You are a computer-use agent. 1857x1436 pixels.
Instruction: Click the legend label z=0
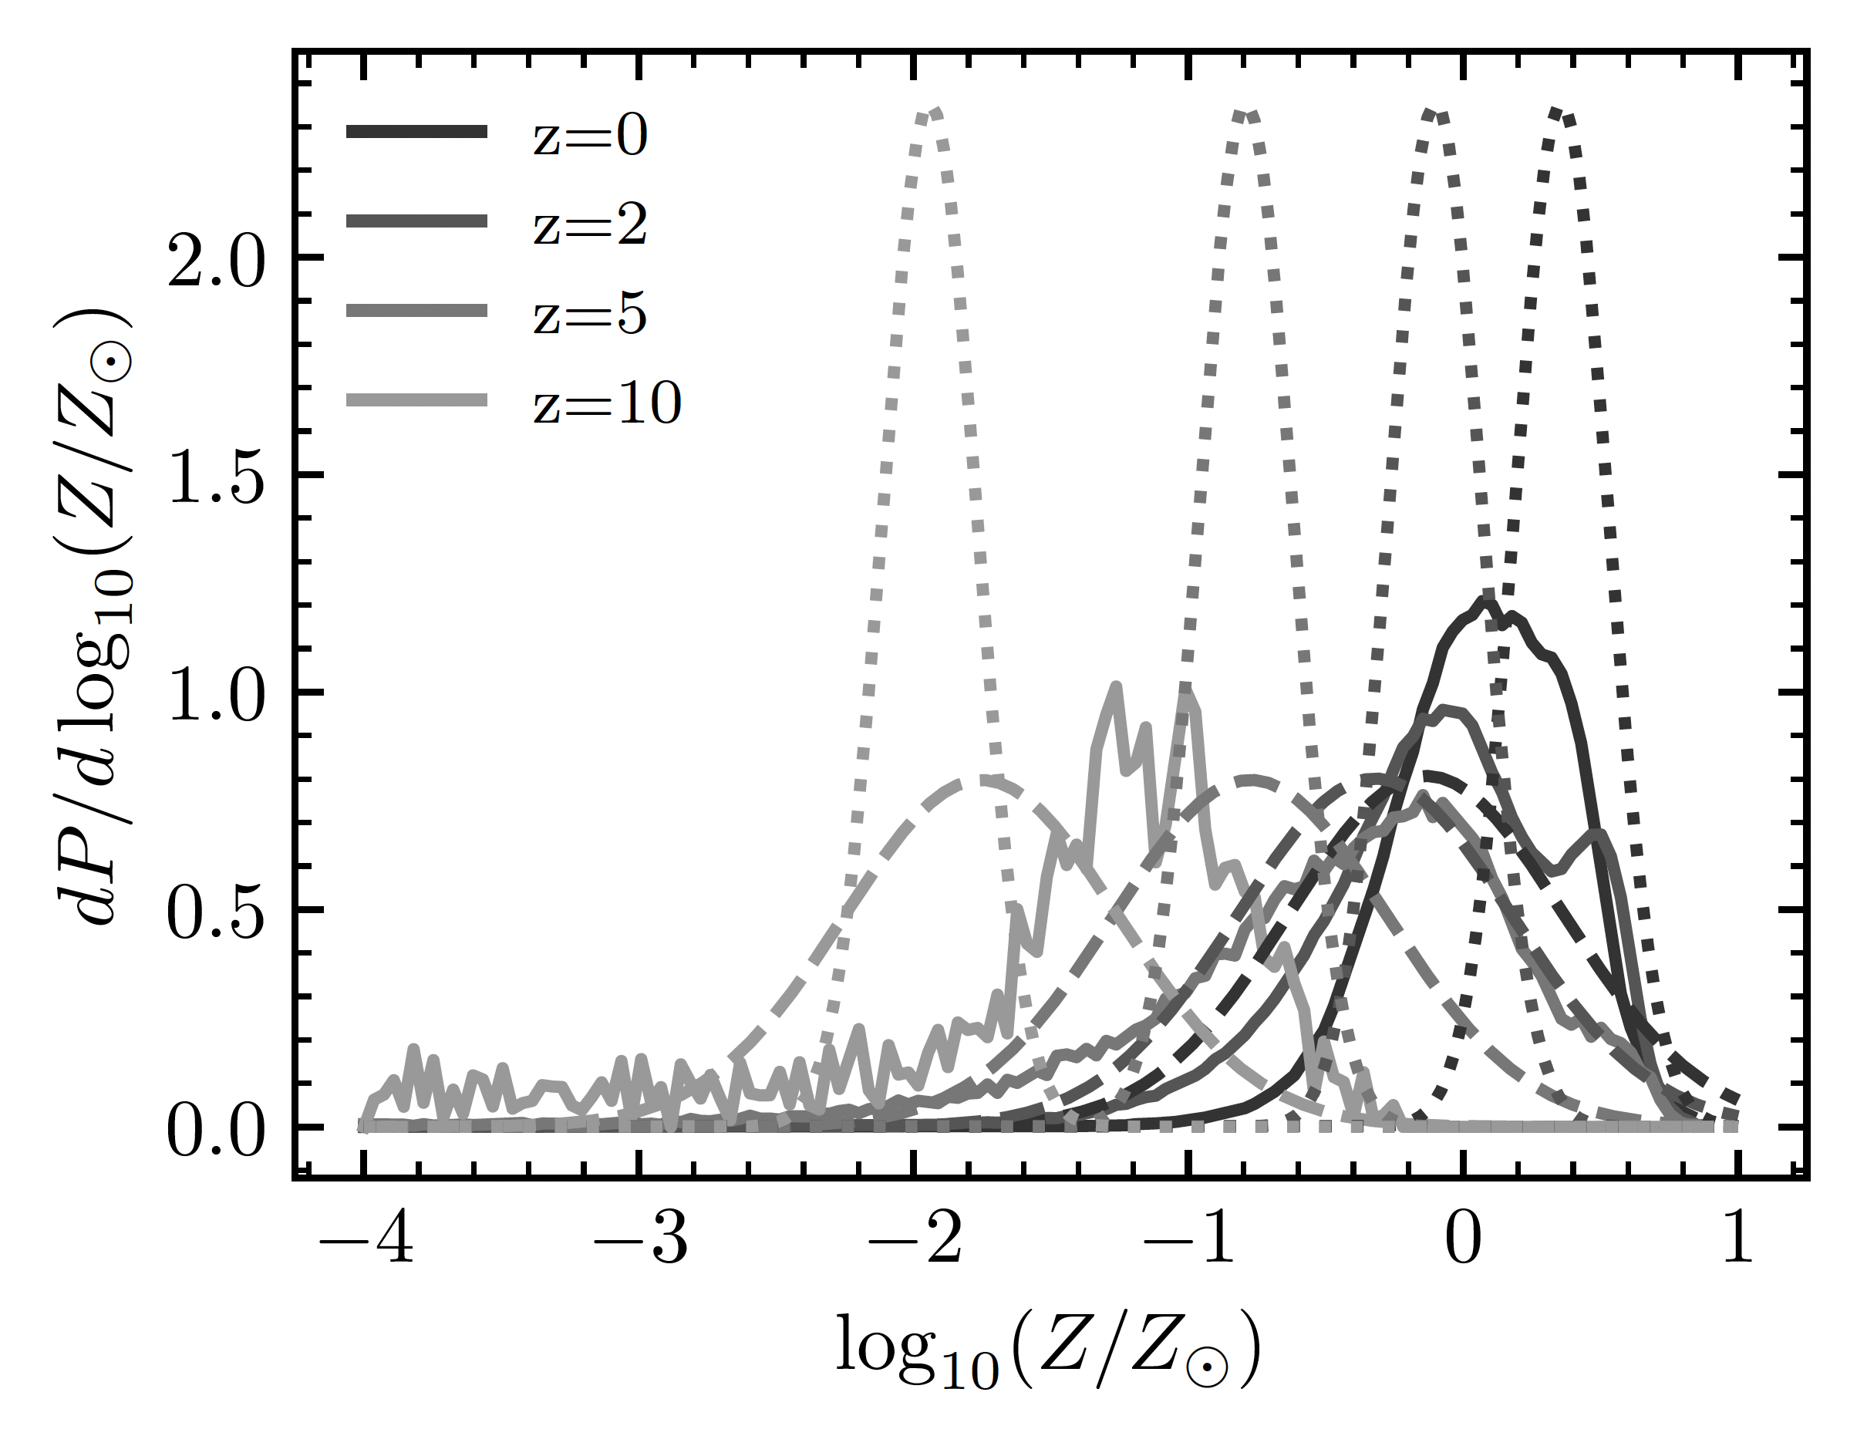pyautogui.click(x=590, y=136)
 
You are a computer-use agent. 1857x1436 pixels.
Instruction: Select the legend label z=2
pyautogui.click(x=590, y=225)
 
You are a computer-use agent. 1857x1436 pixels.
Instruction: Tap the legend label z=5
pyautogui.click(x=590, y=315)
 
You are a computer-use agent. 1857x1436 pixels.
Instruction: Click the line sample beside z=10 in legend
pyautogui.click(x=416, y=399)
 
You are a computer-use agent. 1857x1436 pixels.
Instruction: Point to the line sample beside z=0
pyautogui.click(x=416, y=132)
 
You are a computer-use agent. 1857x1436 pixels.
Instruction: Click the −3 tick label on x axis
pyautogui.click(x=640, y=1243)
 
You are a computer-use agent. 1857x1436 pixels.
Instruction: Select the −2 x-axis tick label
pyautogui.click(x=915, y=1243)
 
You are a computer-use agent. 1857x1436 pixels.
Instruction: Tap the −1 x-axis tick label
pyautogui.click(x=1189, y=1243)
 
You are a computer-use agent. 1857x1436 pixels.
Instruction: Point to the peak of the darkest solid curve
pyautogui.click(x=1485, y=601)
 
